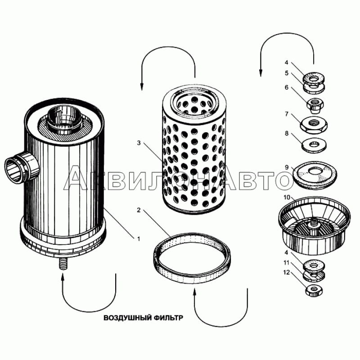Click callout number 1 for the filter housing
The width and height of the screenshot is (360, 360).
coord(139,239)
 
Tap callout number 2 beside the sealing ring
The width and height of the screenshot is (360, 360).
coord(139,210)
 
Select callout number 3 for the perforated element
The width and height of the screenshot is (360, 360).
coord(139,143)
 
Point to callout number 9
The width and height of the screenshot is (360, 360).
coord(287,167)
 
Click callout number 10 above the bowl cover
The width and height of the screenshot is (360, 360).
coord(287,198)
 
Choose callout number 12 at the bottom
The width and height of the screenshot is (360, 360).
coord(287,273)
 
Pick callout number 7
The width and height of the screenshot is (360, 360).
coord(287,114)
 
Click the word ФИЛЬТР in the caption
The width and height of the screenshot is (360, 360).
coord(168,318)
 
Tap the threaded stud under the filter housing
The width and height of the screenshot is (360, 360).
coord(63,265)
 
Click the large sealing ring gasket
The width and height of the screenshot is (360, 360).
coord(192,258)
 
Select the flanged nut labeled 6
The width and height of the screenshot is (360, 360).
coord(315,105)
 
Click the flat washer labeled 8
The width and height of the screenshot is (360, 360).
coord(314,145)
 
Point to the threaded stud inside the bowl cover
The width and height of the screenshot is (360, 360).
coord(313,223)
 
